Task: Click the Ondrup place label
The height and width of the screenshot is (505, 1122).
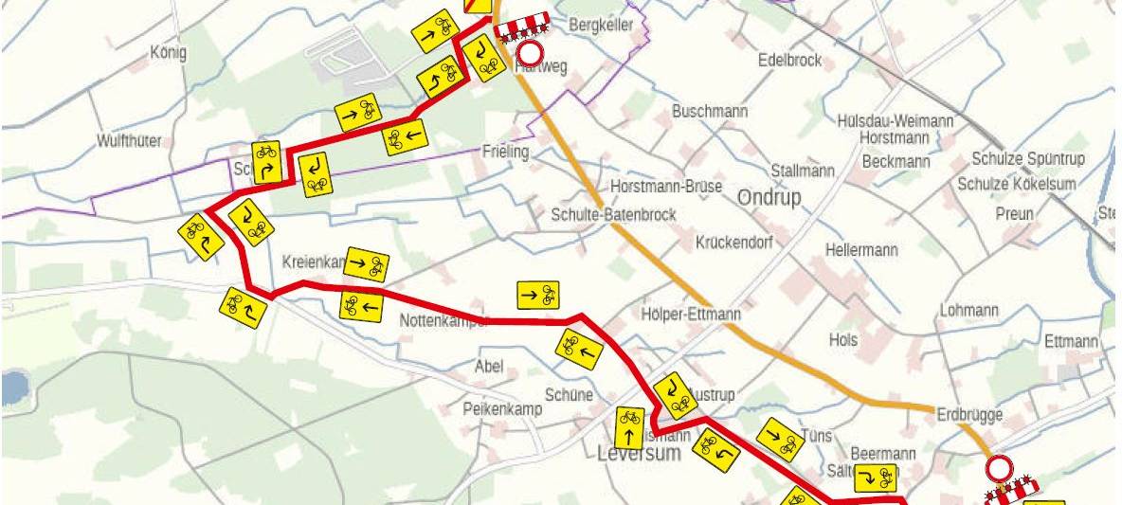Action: [x=769, y=197]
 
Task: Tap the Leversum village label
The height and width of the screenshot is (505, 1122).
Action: [x=639, y=453]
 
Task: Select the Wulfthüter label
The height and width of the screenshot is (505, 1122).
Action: [x=129, y=141]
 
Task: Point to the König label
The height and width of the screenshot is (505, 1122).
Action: [x=169, y=52]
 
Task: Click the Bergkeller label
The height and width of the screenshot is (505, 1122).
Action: [x=600, y=26]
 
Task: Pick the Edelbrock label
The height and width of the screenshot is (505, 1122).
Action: [x=789, y=60]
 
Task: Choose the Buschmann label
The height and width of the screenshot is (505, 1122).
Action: [x=710, y=111]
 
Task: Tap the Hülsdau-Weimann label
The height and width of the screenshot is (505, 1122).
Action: [x=896, y=121]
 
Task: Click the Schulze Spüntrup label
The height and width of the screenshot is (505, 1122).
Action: [x=1028, y=158]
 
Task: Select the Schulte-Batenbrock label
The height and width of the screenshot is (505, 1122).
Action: [x=613, y=215]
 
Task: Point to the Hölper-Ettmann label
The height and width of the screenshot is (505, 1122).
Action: [x=691, y=314]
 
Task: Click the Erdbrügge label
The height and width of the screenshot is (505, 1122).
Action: [x=968, y=414]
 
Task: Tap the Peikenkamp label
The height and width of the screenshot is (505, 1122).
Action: [x=502, y=409]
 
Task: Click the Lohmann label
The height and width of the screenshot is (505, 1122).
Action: [x=968, y=310]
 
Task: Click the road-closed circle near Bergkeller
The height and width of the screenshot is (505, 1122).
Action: [x=529, y=54]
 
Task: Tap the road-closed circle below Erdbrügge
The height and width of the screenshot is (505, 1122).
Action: [x=999, y=468]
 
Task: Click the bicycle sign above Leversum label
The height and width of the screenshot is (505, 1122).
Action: [x=629, y=427]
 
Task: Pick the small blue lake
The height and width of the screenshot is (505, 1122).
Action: [x=12, y=388]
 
